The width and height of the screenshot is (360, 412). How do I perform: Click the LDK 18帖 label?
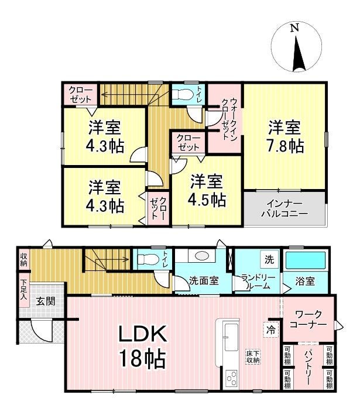[x=142, y=346]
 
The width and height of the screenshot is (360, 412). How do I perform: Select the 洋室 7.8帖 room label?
[x=285, y=136]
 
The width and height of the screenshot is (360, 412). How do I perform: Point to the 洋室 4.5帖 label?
[x=207, y=190]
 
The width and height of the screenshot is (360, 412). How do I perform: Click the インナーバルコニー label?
[x=284, y=208]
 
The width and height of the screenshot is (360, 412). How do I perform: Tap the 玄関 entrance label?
[x=46, y=301]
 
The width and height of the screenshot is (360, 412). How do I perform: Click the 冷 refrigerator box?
[x=271, y=329]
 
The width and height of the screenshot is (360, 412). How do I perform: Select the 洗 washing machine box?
[x=269, y=260]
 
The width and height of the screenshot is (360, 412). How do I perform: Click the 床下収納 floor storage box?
[x=253, y=357]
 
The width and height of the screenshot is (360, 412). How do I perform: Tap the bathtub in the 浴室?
[x=306, y=260]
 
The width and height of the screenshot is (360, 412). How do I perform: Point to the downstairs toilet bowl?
[x=148, y=259]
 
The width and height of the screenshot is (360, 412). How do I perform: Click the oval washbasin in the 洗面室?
[x=202, y=255]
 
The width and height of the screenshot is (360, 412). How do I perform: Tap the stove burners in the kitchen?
[x=232, y=379]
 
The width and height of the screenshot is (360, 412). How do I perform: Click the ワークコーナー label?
[x=308, y=319]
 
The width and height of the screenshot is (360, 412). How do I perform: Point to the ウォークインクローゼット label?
[x=229, y=119]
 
